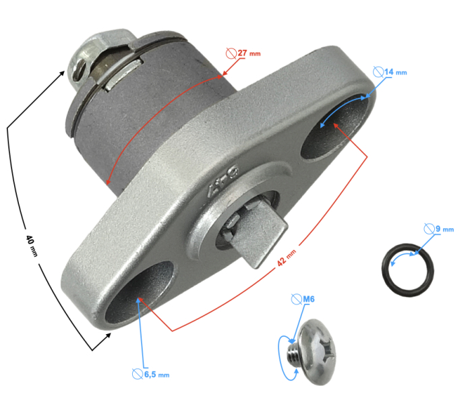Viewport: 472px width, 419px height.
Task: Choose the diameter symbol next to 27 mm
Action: [x=231, y=52]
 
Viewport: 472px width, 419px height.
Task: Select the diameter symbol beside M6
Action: [x=295, y=298]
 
